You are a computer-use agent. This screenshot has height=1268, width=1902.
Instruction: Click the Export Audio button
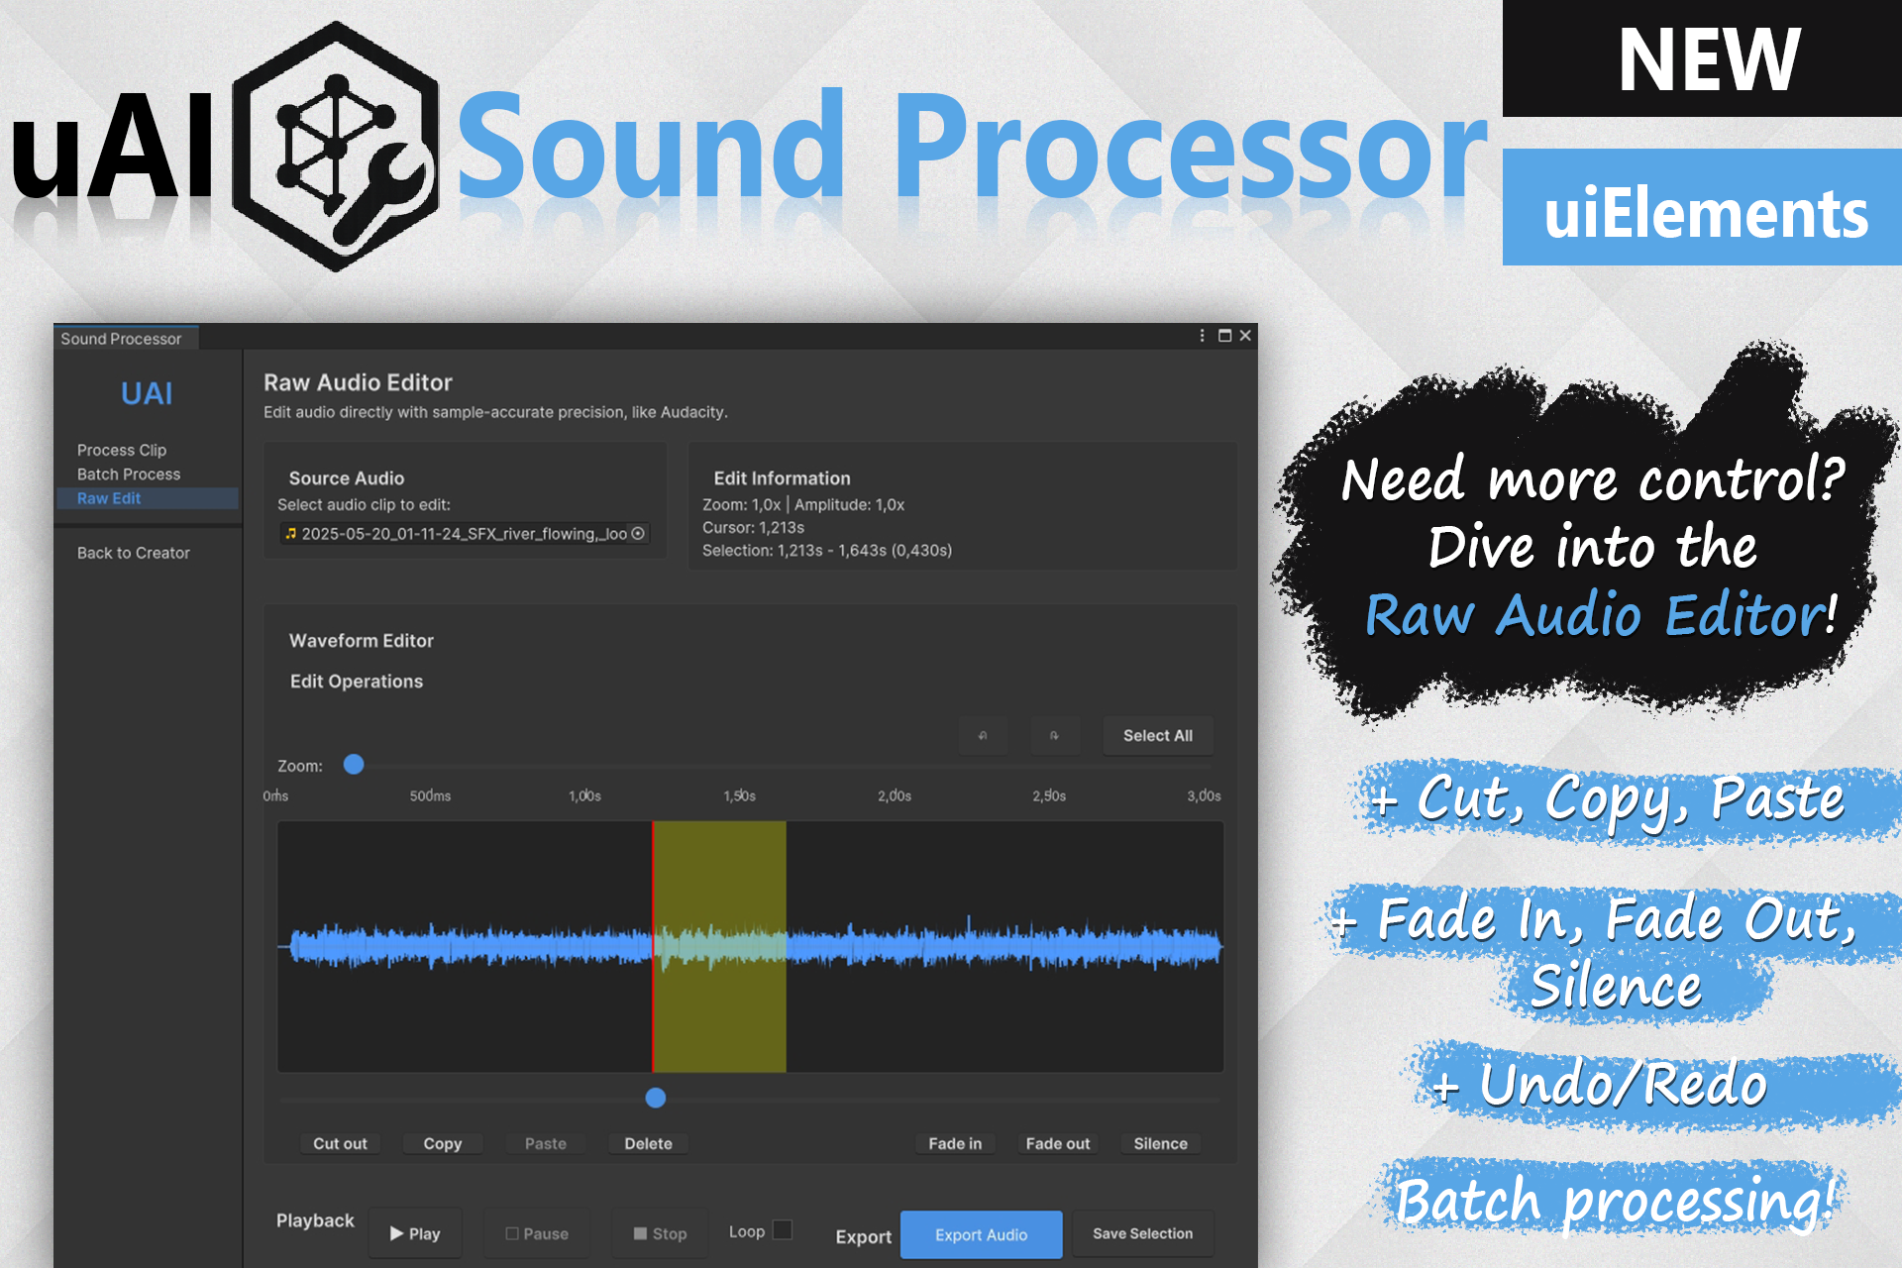coord(981,1234)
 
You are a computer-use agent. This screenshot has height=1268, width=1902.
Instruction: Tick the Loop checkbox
coord(783,1230)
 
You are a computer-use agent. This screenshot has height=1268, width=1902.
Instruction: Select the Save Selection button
coord(1142,1233)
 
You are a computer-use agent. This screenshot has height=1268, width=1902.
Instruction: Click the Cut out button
coord(340,1143)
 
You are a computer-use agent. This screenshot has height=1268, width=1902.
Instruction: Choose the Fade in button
coord(955,1143)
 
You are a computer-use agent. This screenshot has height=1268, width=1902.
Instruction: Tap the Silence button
coord(1160,1143)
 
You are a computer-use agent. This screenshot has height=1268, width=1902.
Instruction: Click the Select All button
coord(1158,736)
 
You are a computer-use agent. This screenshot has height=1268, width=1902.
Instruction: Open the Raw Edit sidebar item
coord(109,498)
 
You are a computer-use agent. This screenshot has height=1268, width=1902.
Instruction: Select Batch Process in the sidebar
coord(129,475)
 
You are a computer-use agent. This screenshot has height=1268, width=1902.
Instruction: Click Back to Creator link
coord(134,553)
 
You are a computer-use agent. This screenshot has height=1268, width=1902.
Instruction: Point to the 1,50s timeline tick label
coord(739,795)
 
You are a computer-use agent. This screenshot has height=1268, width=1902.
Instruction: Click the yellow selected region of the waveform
coord(720,946)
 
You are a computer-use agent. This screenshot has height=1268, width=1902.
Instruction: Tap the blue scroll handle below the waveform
coord(656,1098)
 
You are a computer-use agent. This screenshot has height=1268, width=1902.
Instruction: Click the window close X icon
coord(1245,336)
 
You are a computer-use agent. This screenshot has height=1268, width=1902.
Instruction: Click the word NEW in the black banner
coord(1709,59)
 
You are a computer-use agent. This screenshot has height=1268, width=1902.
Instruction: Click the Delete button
coord(648,1143)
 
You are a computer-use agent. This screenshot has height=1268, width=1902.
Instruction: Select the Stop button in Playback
coord(661,1233)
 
